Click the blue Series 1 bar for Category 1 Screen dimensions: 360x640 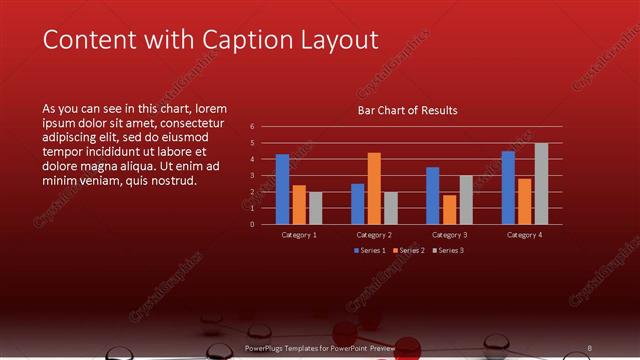pos(283,189)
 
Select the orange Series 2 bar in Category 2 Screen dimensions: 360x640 pos(374,188)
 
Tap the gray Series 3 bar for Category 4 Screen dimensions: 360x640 pos(541,184)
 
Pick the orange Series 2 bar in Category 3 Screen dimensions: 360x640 pos(449,209)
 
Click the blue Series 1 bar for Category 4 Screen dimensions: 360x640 pos(508,188)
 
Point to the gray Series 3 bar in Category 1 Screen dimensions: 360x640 pos(315,208)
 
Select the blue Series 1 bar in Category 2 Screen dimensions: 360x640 pos(358,204)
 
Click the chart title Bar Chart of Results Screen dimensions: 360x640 pos(407,111)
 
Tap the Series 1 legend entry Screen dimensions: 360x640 pos(369,250)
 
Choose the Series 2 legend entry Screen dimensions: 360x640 pos(409,250)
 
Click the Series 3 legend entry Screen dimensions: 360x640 pos(449,250)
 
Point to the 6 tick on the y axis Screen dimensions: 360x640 pos(252,127)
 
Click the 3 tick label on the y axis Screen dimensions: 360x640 pos(252,176)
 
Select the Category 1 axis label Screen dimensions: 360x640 pos(299,234)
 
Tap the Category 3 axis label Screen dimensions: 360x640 pos(449,234)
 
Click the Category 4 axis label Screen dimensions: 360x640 pos(524,234)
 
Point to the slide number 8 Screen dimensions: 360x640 pos(589,347)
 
